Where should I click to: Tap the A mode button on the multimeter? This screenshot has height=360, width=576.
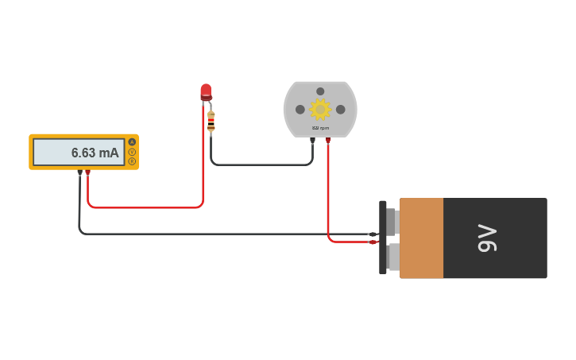(132, 142)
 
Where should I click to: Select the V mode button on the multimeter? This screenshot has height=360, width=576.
(132, 152)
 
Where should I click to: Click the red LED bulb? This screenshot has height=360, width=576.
(206, 91)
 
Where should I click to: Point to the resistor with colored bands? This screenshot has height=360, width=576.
(211, 121)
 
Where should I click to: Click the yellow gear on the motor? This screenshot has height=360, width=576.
(320, 109)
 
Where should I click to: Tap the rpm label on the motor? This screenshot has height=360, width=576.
(320, 128)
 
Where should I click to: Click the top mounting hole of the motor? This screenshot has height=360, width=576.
(320, 91)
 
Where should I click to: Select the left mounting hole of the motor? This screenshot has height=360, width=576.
(300, 110)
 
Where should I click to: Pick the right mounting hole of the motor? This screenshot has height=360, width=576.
(341, 110)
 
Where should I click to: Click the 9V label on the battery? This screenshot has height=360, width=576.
(487, 238)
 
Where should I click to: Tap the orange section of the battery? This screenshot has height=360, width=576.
(421, 238)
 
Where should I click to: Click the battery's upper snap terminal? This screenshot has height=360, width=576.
(392, 221)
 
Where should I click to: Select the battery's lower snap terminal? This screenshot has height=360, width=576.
(392, 257)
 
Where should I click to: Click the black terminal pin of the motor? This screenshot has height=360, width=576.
(312, 141)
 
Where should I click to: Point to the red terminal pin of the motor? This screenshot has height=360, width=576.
(327, 141)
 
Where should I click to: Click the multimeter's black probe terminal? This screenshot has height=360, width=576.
(79, 172)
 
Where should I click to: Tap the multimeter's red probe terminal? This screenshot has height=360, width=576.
(87, 172)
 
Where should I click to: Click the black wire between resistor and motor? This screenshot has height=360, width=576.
(262, 165)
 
